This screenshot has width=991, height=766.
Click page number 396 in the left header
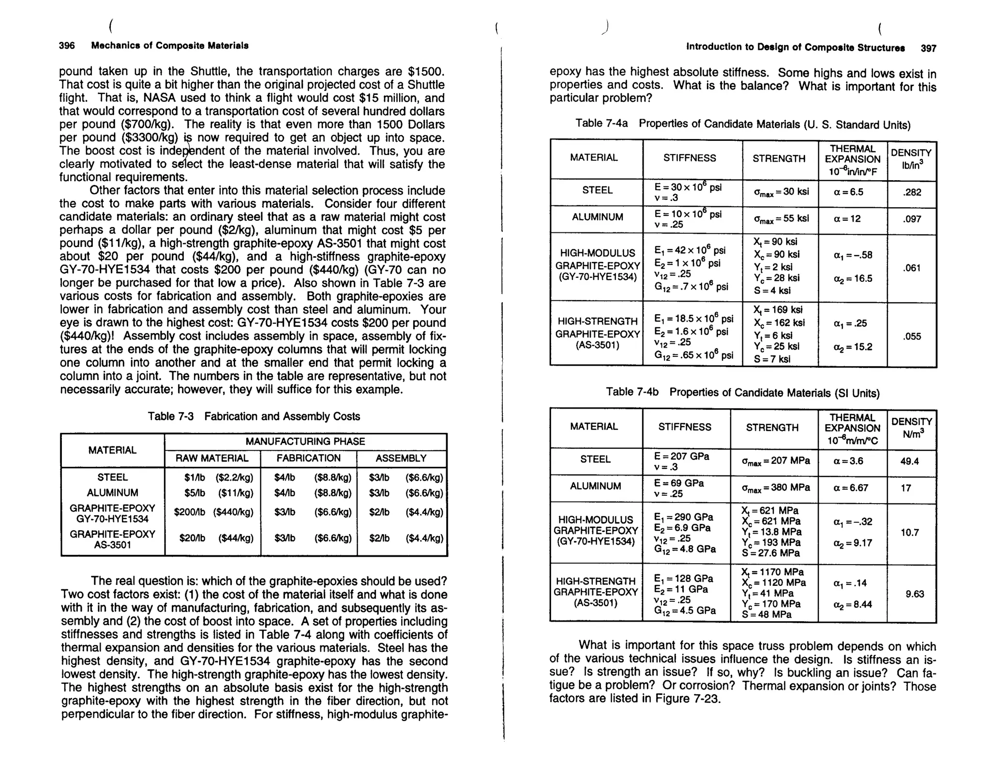(x=67, y=46)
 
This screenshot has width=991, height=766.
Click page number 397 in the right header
(x=928, y=48)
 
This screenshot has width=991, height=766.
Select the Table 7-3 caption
(x=254, y=416)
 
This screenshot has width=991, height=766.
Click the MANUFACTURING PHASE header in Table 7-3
(x=305, y=442)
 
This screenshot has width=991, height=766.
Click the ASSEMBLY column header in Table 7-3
(x=401, y=458)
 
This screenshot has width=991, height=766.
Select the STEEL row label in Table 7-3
(x=113, y=477)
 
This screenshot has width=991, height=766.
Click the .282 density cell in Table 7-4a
(x=912, y=192)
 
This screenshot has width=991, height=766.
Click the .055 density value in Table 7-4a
(x=912, y=336)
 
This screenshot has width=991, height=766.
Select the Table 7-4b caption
(x=743, y=393)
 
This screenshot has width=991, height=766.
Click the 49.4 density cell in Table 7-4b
(x=909, y=461)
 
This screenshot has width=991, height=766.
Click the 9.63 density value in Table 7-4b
(x=915, y=594)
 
